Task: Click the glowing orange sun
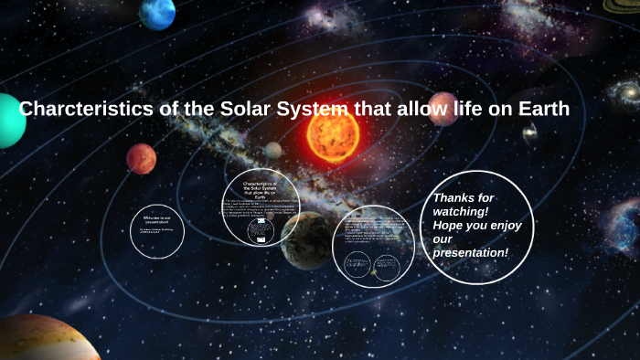click(333, 135)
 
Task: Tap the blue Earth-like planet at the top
click(157, 13)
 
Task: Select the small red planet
click(141, 159)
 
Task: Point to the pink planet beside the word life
click(443, 109)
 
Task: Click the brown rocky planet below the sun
click(306, 239)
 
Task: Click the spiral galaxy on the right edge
click(625, 92)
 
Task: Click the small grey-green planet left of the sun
click(273, 150)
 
